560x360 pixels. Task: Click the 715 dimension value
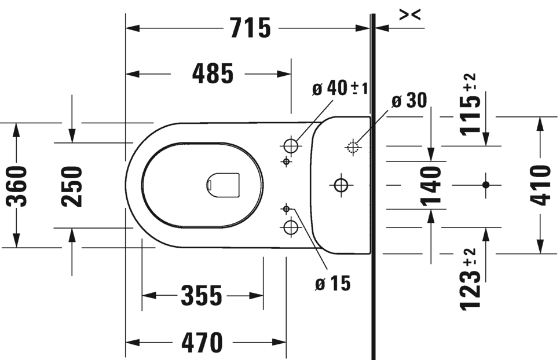tap(250, 28)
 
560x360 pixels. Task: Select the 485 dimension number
tap(213, 74)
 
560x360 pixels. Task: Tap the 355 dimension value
tap(202, 295)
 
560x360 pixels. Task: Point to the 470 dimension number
tap(202, 342)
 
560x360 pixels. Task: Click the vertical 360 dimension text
tap(17, 186)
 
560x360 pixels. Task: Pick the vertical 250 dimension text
tap(72, 186)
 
